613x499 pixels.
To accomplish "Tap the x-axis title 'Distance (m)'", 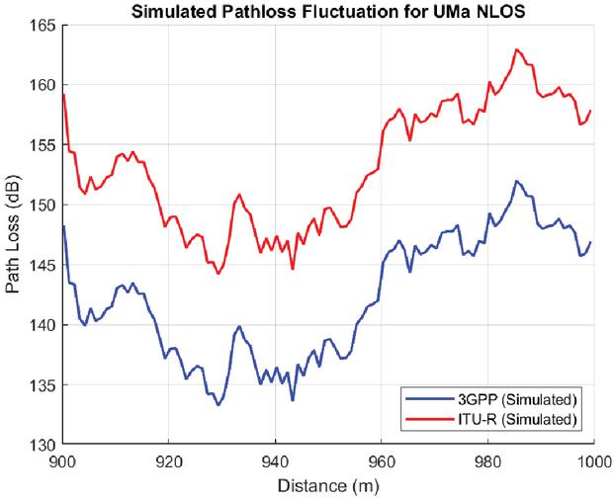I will pos(327,486).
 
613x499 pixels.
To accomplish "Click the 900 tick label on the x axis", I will pos(63,460).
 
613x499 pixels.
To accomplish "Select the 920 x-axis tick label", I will pos(169,460).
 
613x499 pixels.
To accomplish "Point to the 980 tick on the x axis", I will pos(487,460).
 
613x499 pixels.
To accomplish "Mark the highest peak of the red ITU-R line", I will pos(516,49).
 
